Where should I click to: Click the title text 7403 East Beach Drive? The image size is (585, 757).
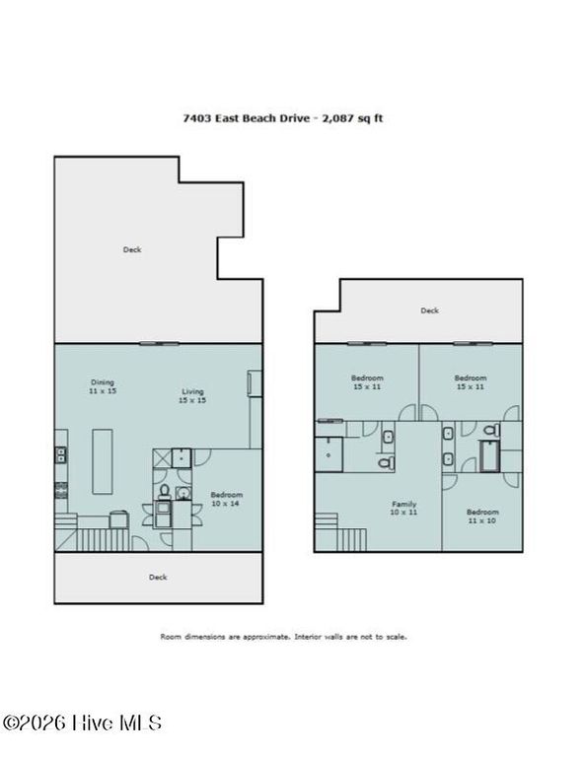[x=247, y=117]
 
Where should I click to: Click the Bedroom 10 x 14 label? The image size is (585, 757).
[x=226, y=499]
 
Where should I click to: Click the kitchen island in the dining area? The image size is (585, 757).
[x=103, y=460]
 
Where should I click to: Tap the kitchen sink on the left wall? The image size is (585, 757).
[x=60, y=454]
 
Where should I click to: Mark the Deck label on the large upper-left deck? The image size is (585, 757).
[x=132, y=250]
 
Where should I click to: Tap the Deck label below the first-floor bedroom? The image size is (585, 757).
[x=158, y=578]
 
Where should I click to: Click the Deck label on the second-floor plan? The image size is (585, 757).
[x=429, y=310]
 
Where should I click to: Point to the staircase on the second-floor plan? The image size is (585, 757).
[x=346, y=536]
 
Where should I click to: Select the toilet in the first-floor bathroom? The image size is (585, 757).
[x=165, y=490]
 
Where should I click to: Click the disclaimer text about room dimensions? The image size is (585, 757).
[x=284, y=637]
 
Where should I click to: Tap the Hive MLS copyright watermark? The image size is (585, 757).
[x=83, y=723]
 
